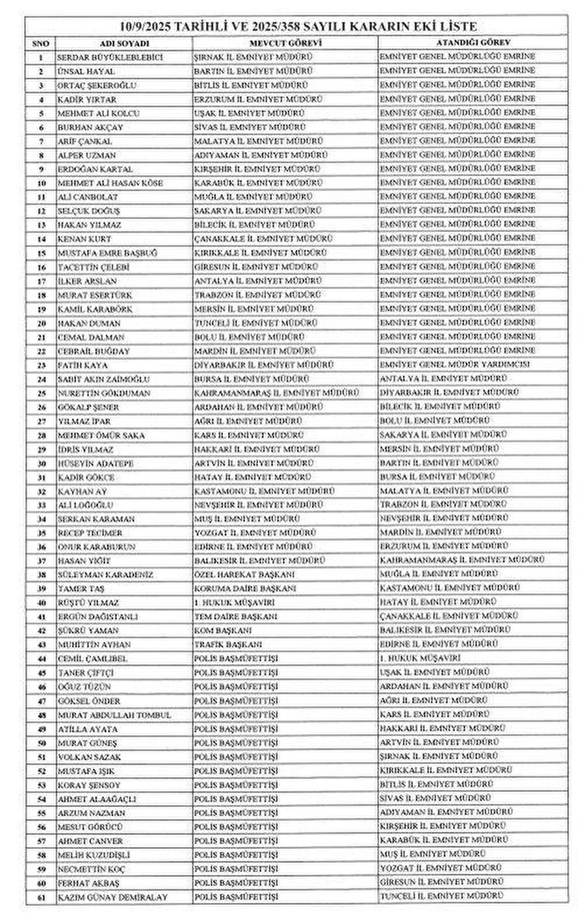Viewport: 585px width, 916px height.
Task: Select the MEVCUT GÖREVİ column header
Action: [x=285, y=43]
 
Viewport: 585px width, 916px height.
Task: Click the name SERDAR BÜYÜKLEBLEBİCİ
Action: [x=110, y=57]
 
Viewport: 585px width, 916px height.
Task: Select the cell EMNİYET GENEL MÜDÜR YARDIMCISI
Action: [x=454, y=364]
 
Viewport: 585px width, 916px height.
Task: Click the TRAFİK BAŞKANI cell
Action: [x=227, y=644]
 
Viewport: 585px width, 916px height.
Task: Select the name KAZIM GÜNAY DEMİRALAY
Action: [x=112, y=897]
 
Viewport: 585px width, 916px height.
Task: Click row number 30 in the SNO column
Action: [x=41, y=463]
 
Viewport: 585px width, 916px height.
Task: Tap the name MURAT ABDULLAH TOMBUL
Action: [x=114, y=715]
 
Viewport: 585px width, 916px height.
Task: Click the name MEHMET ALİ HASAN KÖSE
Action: [x=110, y=183]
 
